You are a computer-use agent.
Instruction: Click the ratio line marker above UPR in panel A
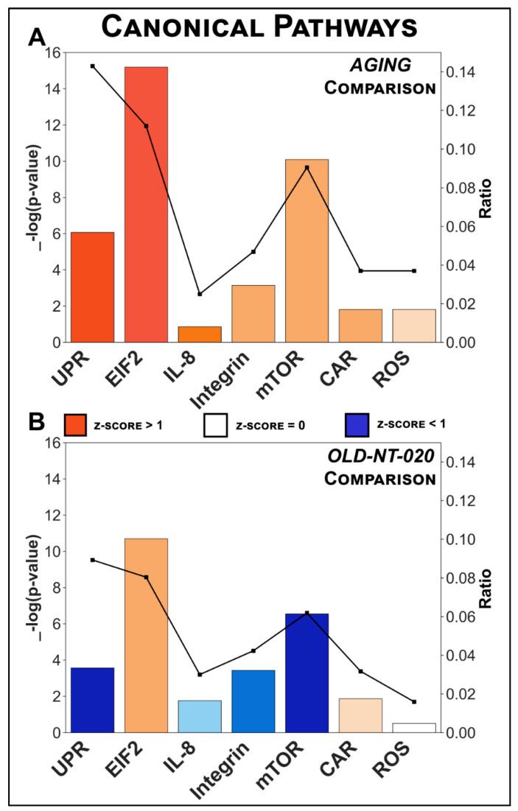tap(93, 66)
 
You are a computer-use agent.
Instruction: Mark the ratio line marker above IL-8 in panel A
tap(200, 294)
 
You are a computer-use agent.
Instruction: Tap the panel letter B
tap(36, 421)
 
